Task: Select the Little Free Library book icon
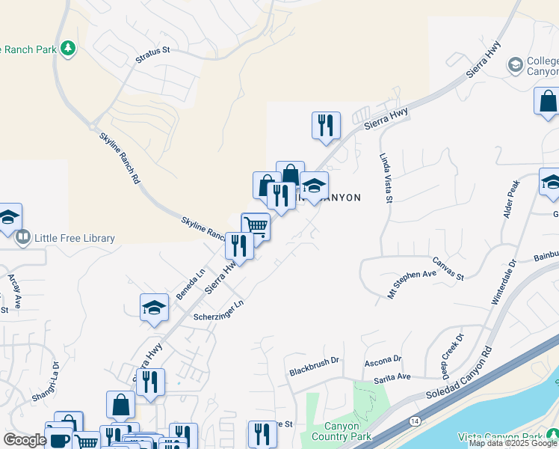point(23,239)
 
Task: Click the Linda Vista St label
point(386,179)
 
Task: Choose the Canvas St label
point(448,269)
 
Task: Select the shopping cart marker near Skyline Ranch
point(256,225)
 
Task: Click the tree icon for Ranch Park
point(69,49)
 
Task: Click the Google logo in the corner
point(25,440)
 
